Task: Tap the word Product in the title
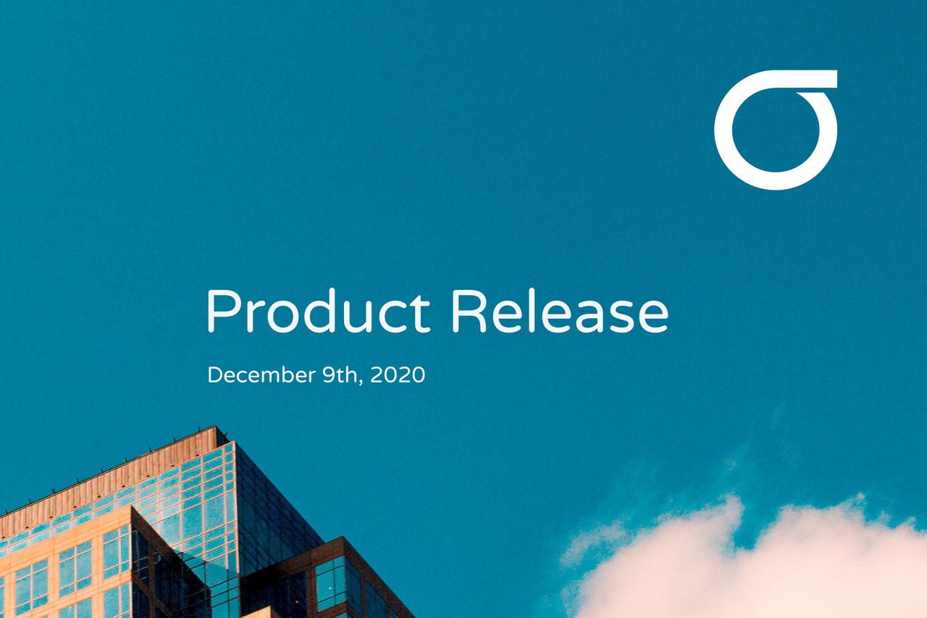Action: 318,312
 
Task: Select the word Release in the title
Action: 558,312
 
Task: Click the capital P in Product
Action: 220,312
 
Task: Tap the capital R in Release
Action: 466,312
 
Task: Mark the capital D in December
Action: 214,375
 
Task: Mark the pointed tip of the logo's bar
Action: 834,79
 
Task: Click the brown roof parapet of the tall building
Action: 109,478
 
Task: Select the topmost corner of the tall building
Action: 217,428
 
